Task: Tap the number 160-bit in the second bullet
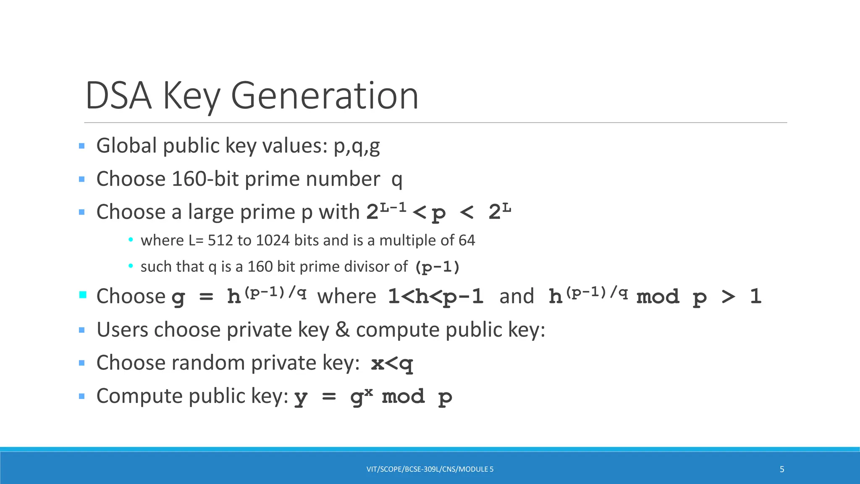click(x=205, y=179)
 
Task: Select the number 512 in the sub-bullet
click(x=220, y=240)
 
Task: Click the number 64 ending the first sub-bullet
click(x=467, y=240)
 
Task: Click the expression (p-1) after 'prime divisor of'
click(x=437, y=267)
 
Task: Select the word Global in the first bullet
click(x=127, y=146)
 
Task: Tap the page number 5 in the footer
click(x=782, y=469)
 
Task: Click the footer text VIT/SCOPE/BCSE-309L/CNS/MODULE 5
click(x=430, y=469)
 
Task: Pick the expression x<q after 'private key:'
click(x=392, y=363)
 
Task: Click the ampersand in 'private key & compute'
click(x=343, y=329)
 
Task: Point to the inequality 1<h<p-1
click(x=436, y=297)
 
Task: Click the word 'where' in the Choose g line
click(x=347, y=297)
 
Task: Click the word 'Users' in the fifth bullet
click(x=123, y=329)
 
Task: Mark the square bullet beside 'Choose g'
click(x=83, y=295)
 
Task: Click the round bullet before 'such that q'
click(x=131, y=266)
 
